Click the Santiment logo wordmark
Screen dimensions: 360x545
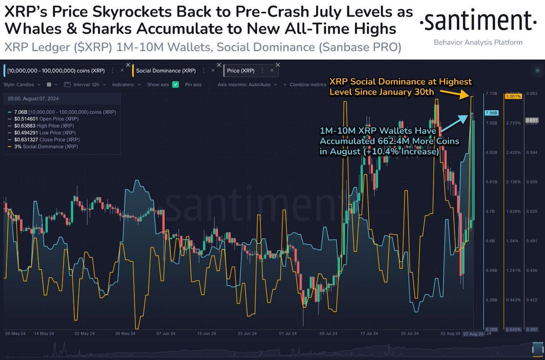475,21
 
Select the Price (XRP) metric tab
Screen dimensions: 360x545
241,70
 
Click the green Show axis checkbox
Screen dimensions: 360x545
175,84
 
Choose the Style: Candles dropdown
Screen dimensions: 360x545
23,84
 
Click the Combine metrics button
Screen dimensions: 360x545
305,84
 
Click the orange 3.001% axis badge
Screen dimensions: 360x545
512,96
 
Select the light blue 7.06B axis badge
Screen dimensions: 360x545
491,113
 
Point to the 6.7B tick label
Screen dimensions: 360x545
490,212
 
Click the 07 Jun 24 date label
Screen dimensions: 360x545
166,333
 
